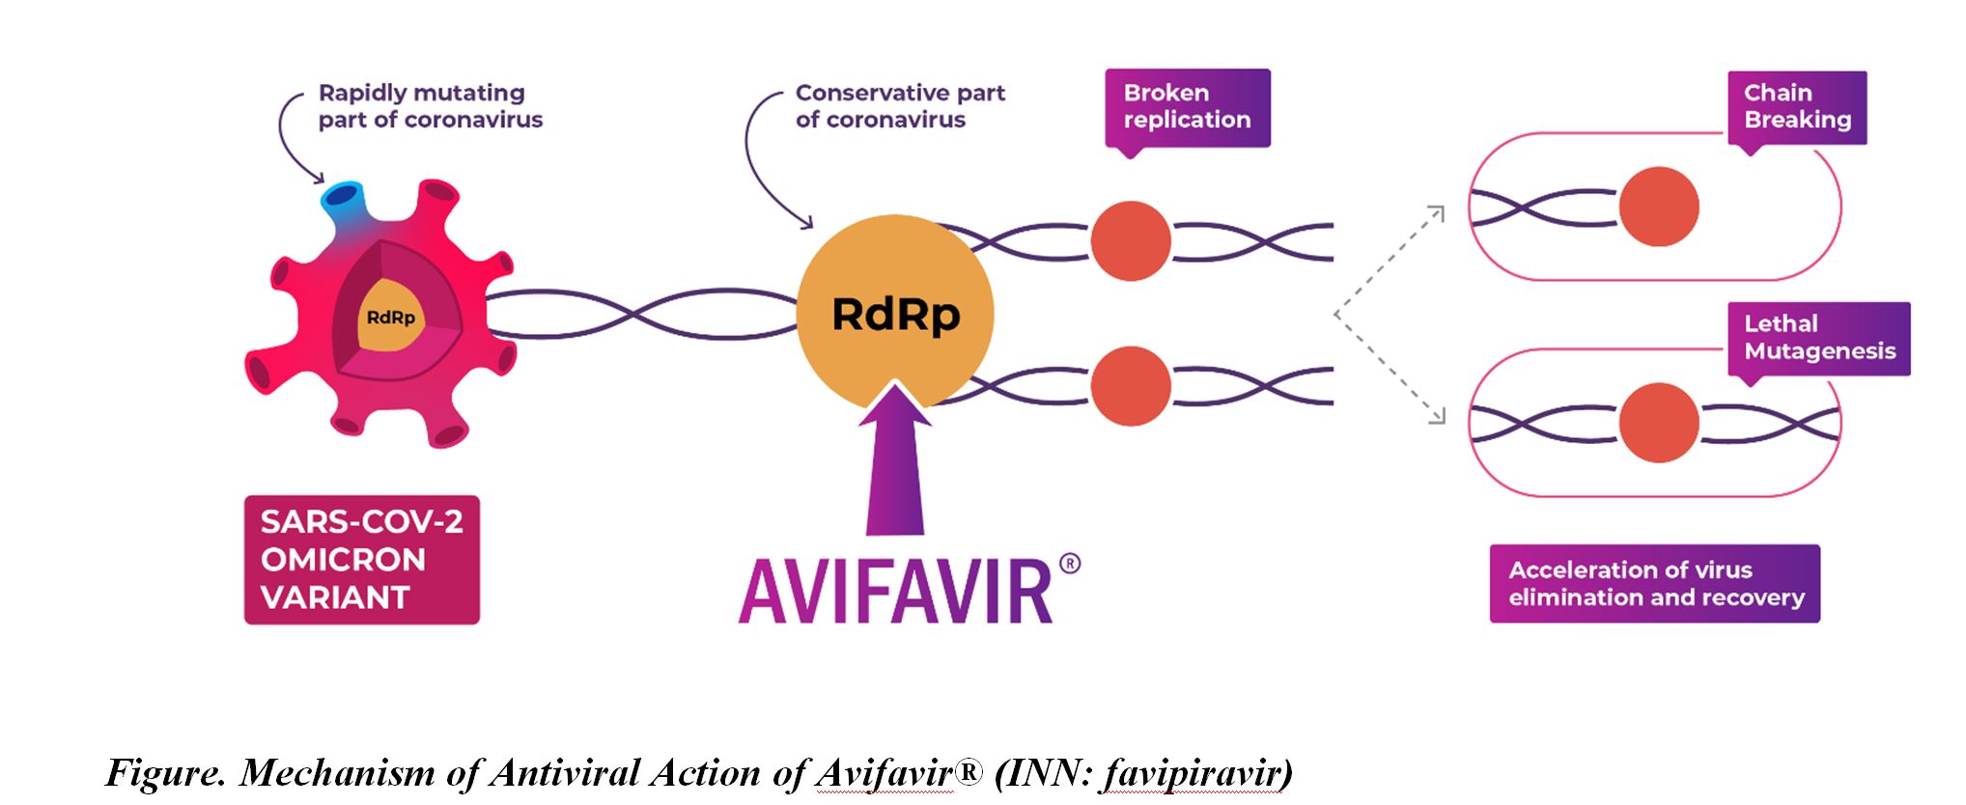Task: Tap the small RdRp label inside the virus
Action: coord(390,317)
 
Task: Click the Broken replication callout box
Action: coord(1187,106)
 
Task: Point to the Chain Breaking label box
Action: coord(1796,106)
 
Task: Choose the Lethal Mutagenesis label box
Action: coord(1818,338)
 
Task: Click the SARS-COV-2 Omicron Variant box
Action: coord(361,560)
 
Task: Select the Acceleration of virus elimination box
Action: coord(1654,583)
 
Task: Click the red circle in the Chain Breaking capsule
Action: coord(1658,207)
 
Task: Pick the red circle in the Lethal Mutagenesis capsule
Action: coord(1658,423)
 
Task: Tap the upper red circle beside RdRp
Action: coord(1130,240)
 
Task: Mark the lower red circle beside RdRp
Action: coord(1130,385)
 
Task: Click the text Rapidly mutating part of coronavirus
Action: coord(430,106)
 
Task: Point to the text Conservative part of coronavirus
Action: coord(899,106)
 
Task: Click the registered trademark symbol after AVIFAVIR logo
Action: coord(1069,564)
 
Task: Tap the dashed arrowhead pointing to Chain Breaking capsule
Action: coord(1438,211)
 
